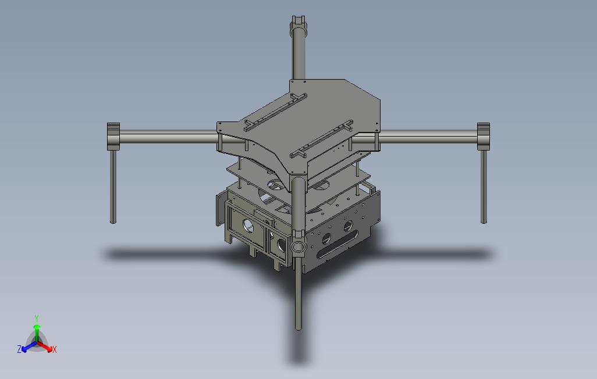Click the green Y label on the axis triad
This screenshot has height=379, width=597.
pos(36,318)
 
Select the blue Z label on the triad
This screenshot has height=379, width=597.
pos(19,349)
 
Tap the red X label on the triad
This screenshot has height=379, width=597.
pos(54,349)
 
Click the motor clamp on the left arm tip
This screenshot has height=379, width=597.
pos(113,135)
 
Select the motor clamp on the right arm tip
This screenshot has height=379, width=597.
pos(484,135)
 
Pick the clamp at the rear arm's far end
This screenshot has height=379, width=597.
pos(298,23)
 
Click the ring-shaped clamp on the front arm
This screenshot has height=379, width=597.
pos(298,246)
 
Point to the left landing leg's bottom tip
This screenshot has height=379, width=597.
pos(113,221)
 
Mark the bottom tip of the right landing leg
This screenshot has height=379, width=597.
pos(484,220)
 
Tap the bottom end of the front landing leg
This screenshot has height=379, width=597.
pos(299,327)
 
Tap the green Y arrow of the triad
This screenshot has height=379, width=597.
pos(37,331)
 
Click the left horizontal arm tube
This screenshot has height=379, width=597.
pos(169,138)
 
